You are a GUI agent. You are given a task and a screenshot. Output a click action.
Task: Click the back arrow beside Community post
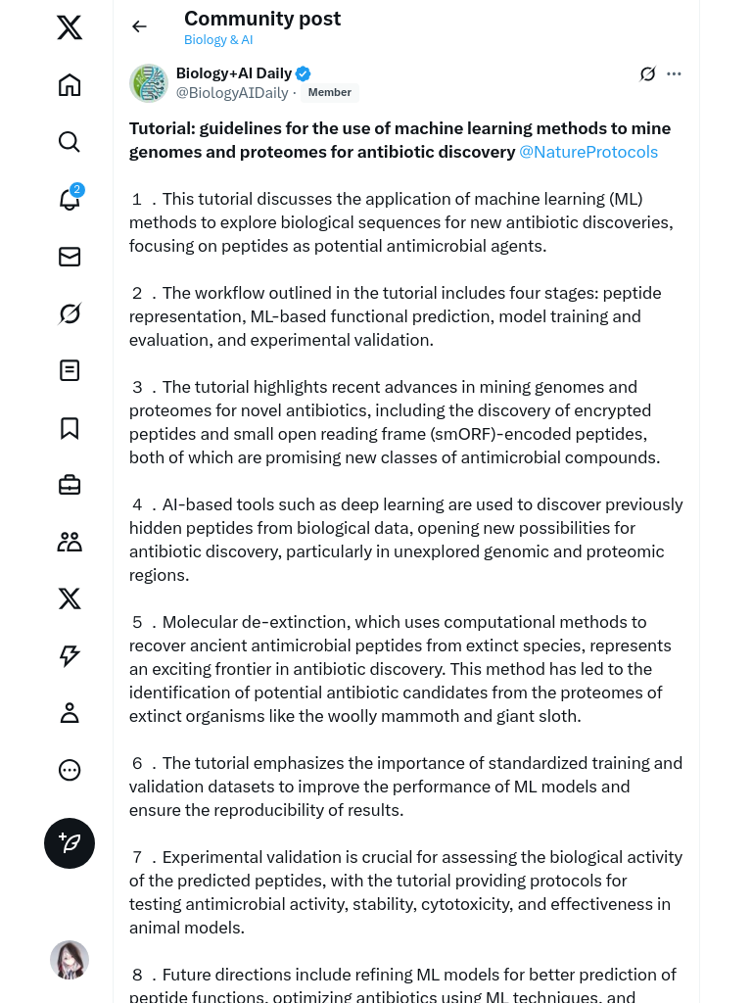[x=139, y=26]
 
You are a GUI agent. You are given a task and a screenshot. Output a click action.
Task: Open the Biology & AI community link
[x=218, y=40]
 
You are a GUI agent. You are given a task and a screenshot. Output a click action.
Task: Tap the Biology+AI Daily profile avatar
[x=149, y=83]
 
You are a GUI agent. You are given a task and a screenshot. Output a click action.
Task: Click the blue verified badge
[x=304, y=73]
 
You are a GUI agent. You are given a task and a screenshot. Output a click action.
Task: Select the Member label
[x=330, y=93]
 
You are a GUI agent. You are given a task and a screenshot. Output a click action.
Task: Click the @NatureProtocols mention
[x=588, y=152]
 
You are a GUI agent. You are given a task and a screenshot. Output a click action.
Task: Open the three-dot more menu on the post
[x=674, y=73]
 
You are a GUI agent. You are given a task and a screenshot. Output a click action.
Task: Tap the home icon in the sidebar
[x=70, y=85]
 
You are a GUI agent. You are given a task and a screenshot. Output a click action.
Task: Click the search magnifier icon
[x=70, y=142]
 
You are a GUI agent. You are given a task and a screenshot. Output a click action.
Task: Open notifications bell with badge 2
[x=70, y=199]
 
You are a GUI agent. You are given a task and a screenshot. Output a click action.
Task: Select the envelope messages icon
[x=70, y=257]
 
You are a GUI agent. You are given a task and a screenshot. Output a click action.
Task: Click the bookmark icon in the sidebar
[x=70, y=428]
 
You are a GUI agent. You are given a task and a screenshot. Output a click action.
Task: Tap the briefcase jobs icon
[x=70, y=485]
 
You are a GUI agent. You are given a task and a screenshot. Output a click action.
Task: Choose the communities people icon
[x=70, y=542]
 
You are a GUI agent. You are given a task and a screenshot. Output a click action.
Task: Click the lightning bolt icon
[x=70, y=655]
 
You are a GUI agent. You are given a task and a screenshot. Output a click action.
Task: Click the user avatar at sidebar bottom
[x=70, y=960]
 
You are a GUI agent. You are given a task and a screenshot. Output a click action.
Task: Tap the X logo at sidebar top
[x=70, y=28]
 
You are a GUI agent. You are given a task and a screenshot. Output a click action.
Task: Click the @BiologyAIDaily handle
[x=232, y=93]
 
